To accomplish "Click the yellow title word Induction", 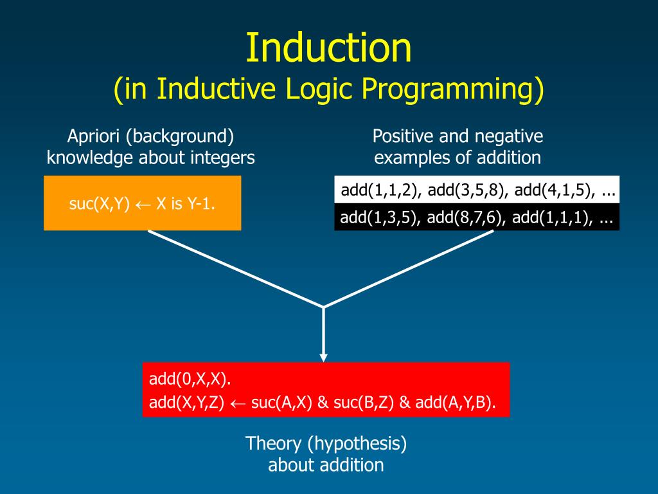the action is tap(328, 48).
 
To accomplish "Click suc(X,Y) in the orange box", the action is tap(100, 204).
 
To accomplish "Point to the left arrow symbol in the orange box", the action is tap(143, 205).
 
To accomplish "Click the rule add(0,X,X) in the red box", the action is tap(190, 379).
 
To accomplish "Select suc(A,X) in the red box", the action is tap(281, 403).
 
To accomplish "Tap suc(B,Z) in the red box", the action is tap(364, 403).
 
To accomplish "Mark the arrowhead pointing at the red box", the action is tap(323, 357).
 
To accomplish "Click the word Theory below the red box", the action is tap(273, 444).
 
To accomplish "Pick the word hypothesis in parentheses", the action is tap(357, 444).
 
